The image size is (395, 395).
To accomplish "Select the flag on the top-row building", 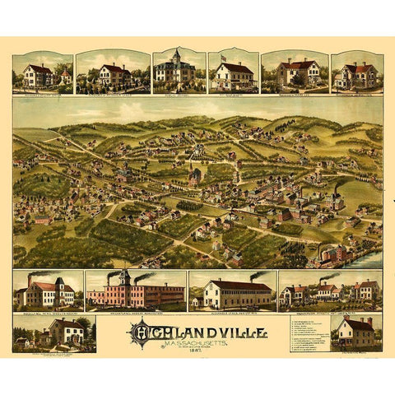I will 222,58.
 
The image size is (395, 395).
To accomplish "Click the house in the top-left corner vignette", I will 38,75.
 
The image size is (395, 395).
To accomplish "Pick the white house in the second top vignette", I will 114,75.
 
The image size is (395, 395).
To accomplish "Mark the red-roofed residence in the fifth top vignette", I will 295,73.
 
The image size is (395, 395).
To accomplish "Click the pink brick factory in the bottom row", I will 137,293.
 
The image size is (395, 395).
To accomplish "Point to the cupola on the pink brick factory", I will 124,276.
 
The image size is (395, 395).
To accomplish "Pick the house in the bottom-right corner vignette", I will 354,332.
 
